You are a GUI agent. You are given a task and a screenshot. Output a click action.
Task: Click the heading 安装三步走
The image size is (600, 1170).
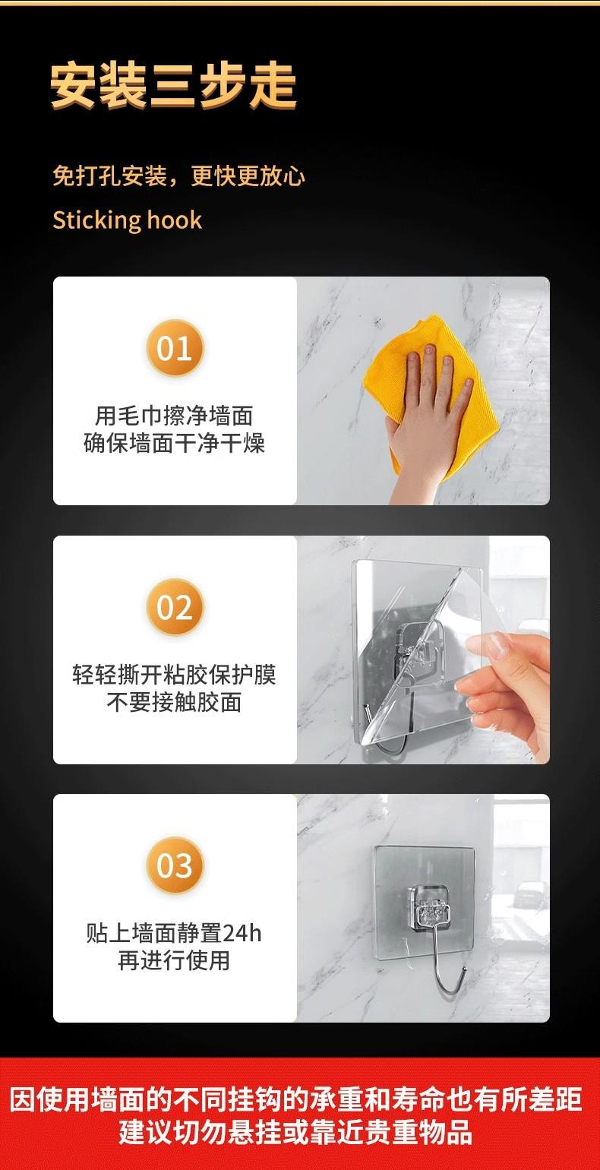173,85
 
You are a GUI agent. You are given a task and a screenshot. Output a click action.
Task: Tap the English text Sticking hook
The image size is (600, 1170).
127,220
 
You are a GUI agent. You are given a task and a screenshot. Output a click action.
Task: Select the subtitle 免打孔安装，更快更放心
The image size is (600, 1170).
178,175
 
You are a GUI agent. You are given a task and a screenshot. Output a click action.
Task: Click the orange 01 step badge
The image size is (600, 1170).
175,348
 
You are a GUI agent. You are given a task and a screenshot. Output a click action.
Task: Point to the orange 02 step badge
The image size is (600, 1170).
175,607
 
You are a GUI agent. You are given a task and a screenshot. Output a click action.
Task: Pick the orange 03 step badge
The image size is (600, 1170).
175,865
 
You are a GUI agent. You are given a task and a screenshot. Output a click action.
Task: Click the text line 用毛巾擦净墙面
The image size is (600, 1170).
174,416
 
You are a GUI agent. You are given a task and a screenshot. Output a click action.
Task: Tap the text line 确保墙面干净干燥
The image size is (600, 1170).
174,444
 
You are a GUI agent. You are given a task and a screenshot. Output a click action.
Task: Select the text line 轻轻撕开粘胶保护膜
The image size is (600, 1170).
174,675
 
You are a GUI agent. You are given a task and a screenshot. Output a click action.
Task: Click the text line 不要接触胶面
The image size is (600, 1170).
174,702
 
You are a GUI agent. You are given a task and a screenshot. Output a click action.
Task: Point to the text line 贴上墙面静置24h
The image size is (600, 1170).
174,934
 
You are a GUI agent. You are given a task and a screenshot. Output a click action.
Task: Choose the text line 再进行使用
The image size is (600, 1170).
174,960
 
